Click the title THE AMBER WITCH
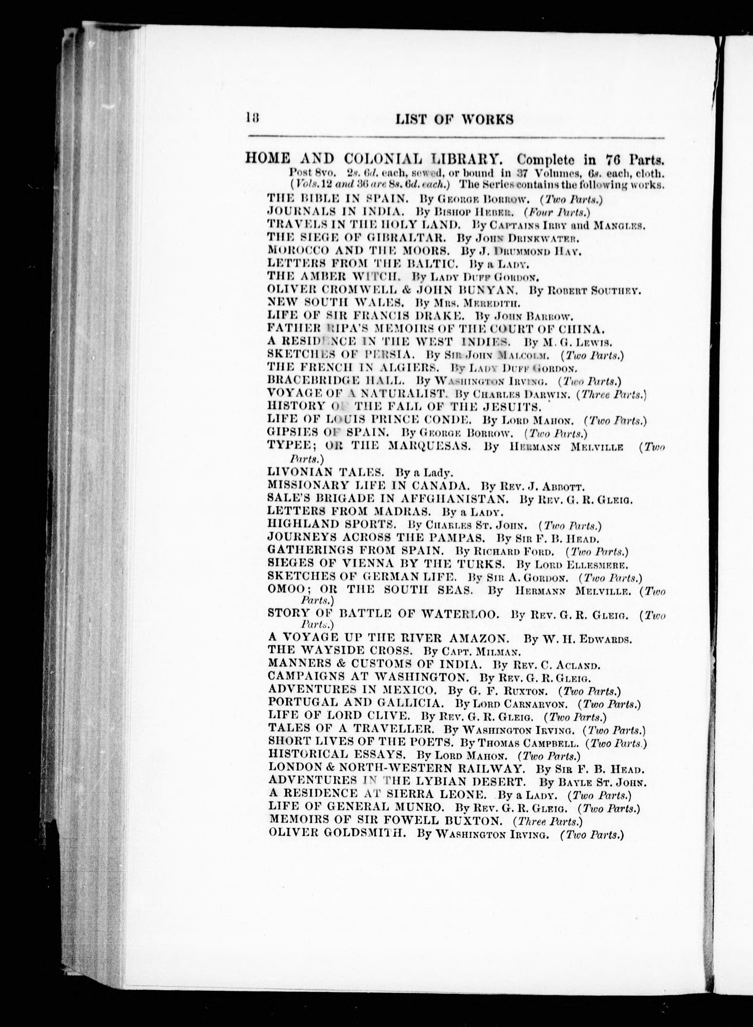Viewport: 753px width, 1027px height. tap(334, 276)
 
